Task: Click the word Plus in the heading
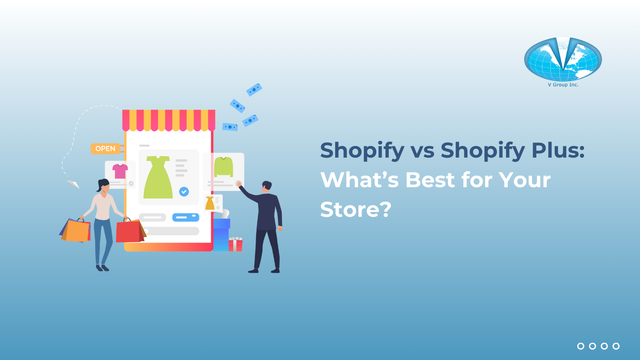coord(558,150)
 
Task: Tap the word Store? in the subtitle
coord(356,209)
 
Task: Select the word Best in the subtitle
coord(430,180)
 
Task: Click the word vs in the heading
coord(422,151)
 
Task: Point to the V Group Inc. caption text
coord(563,85)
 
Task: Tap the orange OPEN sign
coord(105,149)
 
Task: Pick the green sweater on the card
coord(224,166)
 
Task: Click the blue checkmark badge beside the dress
coord(184,192)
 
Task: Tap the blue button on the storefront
coord(186,217)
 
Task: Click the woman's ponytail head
coord(103,185)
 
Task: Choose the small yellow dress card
coord(212,203)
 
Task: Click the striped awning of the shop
coord(168,120)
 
